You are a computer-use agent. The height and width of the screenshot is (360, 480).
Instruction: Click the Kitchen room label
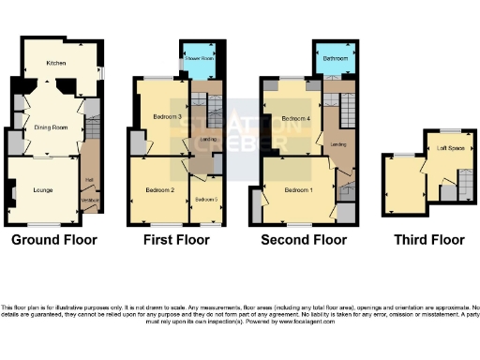tap(55, 64)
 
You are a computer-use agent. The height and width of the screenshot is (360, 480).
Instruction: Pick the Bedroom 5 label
tap(206, 200)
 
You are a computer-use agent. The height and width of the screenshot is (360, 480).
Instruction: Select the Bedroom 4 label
tap(294, 118)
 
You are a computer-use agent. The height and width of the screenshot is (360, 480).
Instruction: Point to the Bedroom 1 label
tap(298, 190)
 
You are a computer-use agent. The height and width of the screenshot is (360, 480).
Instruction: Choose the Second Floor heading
tap(304, 240)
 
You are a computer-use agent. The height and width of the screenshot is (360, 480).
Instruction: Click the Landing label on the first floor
tap(210, 141)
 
